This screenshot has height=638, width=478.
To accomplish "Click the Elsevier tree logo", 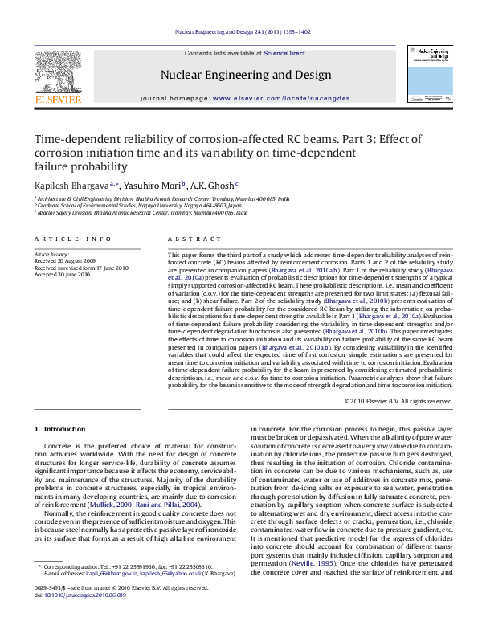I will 58,75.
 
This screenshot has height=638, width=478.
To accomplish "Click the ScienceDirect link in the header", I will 285,52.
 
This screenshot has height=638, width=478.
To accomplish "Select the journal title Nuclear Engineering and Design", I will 246,75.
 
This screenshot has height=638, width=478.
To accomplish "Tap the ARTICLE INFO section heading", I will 72,239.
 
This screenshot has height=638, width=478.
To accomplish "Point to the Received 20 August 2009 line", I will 66,260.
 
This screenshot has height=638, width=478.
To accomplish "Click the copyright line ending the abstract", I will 398,400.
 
